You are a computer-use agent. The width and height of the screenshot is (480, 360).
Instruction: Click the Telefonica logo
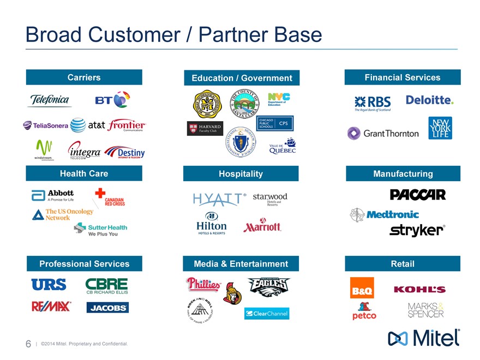pyautogui.click(x=50, y=100)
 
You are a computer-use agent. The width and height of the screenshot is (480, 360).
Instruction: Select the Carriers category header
pyautogui.click(x=84, y=77)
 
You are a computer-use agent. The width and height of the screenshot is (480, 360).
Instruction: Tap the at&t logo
pyautogui.click(x=88, y=125)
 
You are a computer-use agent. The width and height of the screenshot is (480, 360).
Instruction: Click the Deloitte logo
pyautogui.click(x=429, y=100)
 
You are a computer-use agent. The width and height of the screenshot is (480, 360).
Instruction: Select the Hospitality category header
pyautogui.click(x=241, y=173)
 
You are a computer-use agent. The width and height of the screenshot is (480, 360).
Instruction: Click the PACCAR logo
pyautogui.click(x=418, y=195)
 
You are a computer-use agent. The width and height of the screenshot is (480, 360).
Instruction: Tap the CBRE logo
pyautogui.click(x=107, y=286)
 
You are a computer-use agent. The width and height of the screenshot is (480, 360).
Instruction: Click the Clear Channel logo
pyautogui.click(x=267, y=314)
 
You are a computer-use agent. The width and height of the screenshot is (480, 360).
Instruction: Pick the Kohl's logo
pyautogui.click(x=419, y=289)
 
